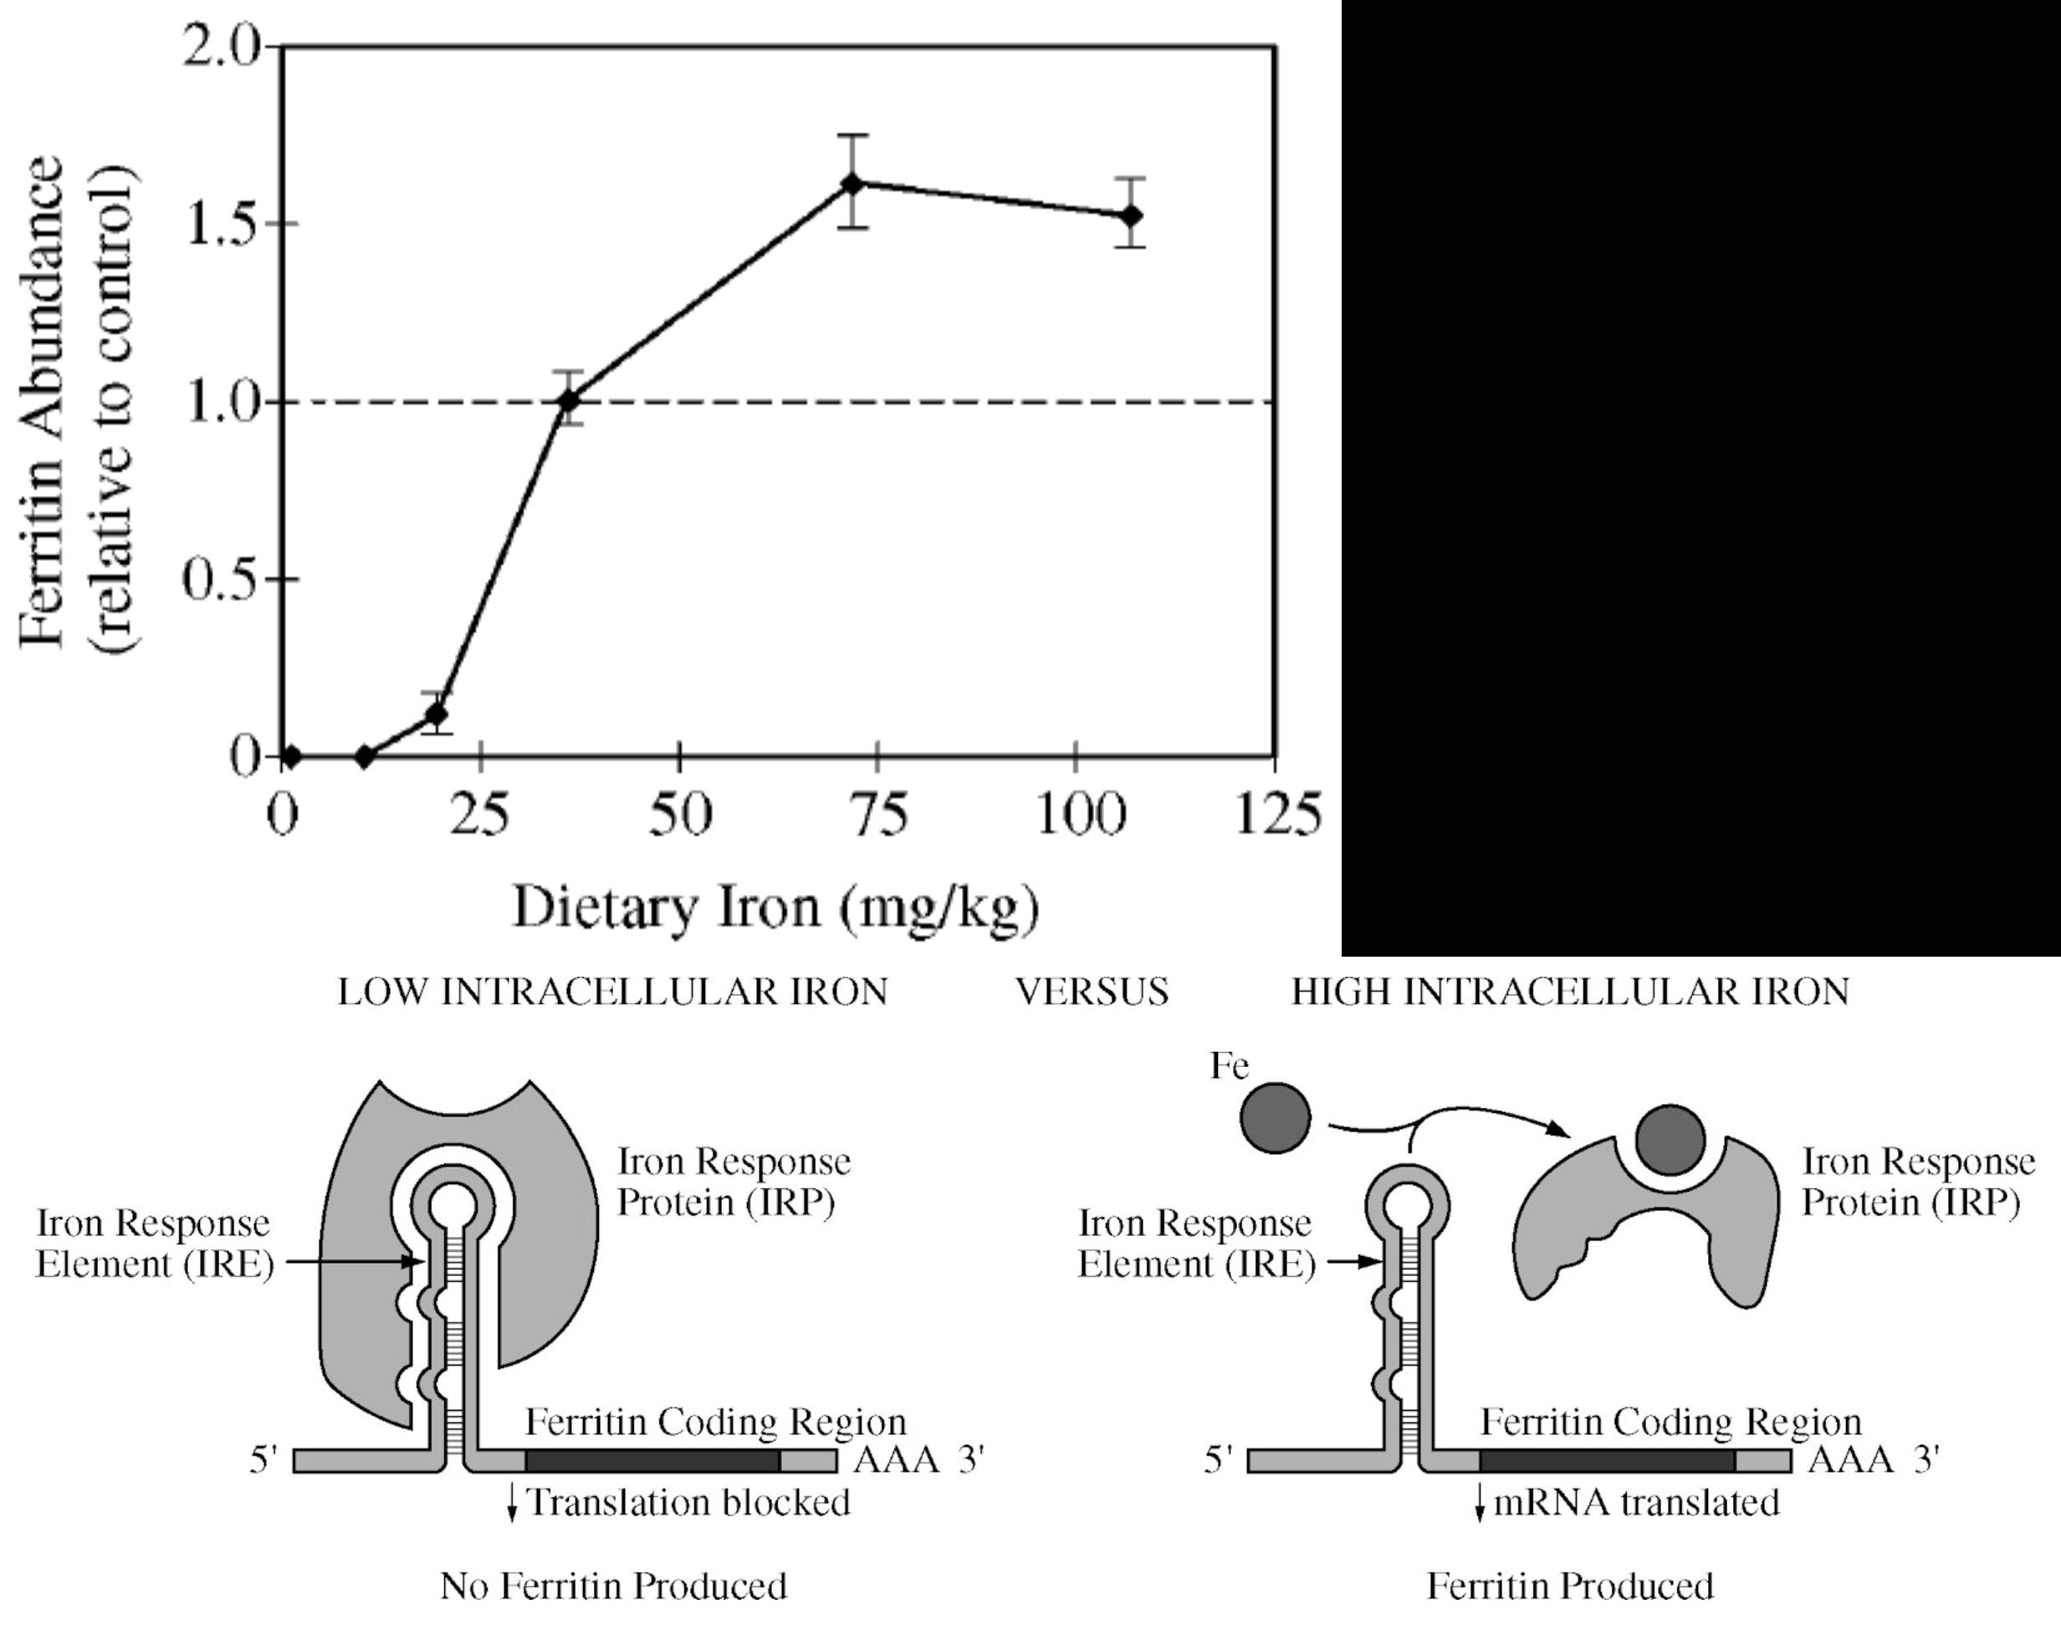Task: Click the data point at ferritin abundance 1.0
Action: click(570, 400)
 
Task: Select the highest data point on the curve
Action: click(852, 183)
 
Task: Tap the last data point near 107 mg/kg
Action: click(1131, 216)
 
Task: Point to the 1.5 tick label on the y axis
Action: click(222, 225)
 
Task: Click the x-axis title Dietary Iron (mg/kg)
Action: click(775, 907)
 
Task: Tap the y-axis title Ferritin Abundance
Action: click(43, 401)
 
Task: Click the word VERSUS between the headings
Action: click(1092, 993)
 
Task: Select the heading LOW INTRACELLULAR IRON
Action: click(612, 993)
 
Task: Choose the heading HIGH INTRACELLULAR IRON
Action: click(1570, 993)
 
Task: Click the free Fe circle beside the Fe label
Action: click(1275, 1118)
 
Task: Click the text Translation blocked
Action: click(688, 1502)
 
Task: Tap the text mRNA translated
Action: click(1635, 1502)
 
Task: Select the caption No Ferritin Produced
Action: click(613, 1586)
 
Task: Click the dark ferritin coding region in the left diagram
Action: click(652, 1460)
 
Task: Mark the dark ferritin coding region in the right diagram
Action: click(1607, 1460)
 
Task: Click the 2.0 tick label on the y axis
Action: click(222, 48)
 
